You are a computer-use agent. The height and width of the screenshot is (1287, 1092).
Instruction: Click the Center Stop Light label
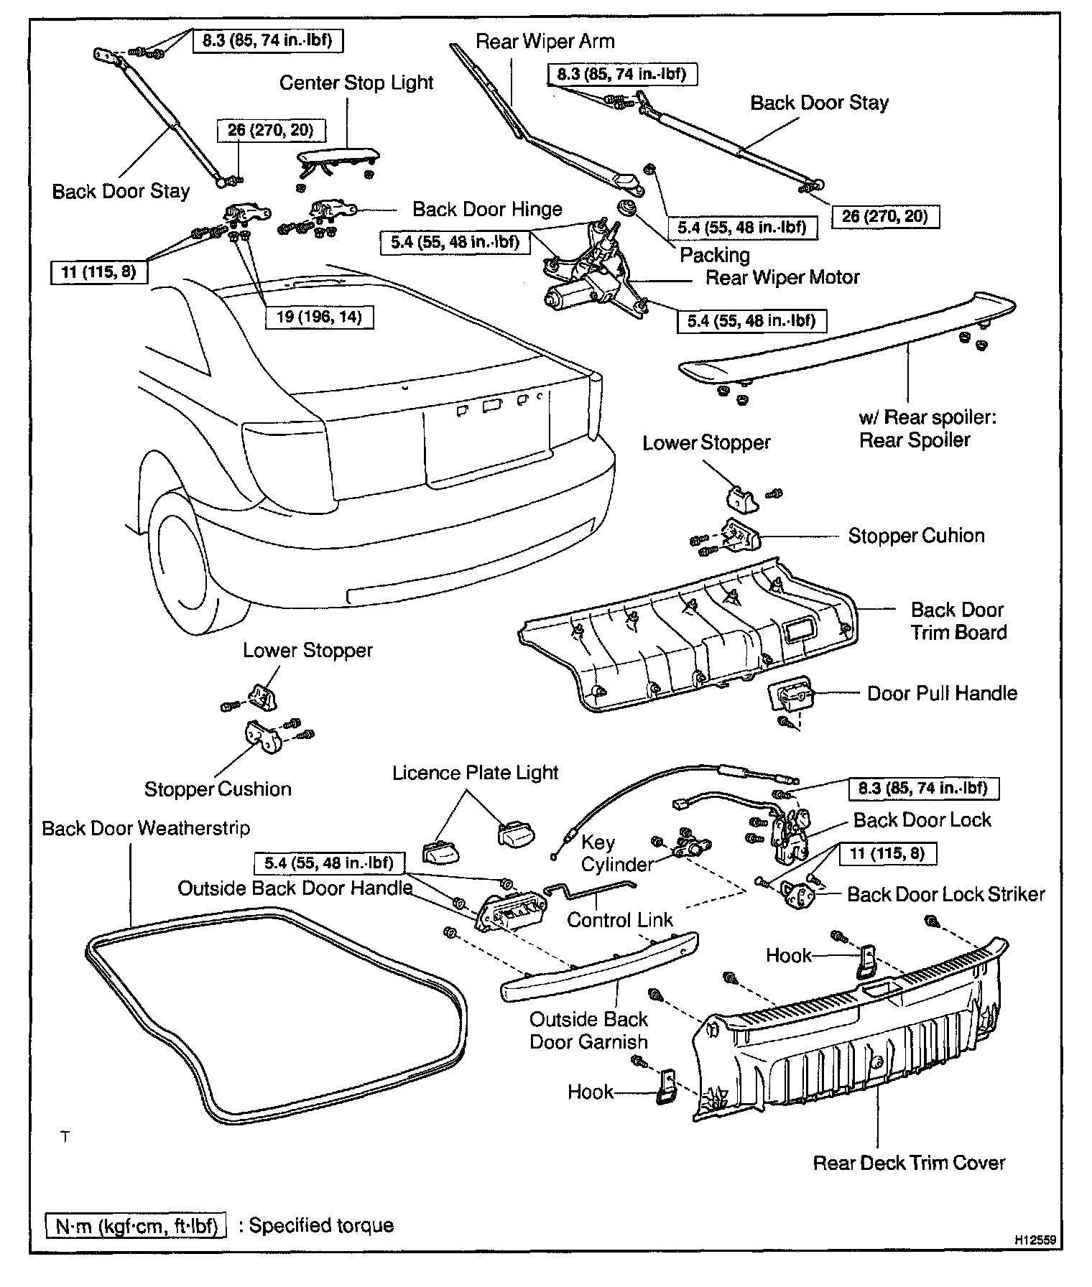[x=356, y=83]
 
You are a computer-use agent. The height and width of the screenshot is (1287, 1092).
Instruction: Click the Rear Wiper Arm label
[x=545, y=42]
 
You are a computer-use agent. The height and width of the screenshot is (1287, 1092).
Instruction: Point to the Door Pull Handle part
[x=791, y=696]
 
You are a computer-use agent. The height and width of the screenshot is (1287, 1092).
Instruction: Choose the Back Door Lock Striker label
[x=945, y=895]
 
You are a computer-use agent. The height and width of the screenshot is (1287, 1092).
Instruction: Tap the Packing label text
[x=715, y=255]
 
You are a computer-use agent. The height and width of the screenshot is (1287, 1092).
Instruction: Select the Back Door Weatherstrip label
[x=146, y=828]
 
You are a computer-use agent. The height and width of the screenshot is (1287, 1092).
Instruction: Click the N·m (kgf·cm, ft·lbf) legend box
[x=136, y=1225]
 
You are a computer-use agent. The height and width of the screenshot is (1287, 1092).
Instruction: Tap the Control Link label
[x=620, y=920]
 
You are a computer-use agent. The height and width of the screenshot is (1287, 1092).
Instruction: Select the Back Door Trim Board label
[x=958, y=621]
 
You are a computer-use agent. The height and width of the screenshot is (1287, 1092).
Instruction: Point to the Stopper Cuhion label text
[x=916, y=536]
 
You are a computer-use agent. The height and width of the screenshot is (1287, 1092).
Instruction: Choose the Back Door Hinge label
[x=487, y=210]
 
